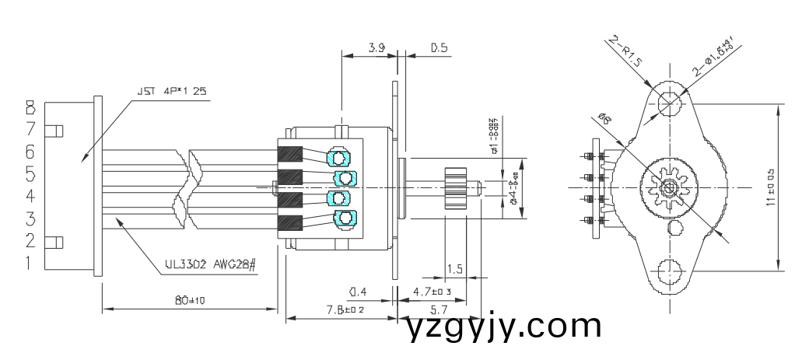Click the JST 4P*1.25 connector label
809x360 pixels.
(x=172, y=91)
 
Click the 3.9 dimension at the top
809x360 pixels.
(x=376, y=48)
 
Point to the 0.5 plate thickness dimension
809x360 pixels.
(x=439, y=48)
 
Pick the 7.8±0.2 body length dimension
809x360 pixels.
(x=345, y=310)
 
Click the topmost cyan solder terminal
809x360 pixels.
(x=340, y=158)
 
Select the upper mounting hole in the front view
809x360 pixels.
(x=667, y=103)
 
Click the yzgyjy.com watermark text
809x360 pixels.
(x=503, y=326)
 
